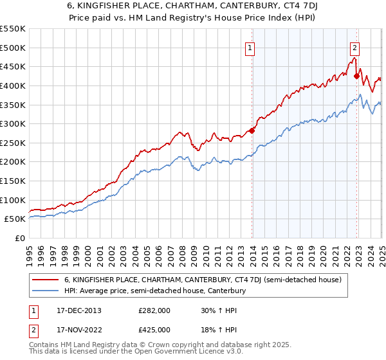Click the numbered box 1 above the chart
click(x=249, y=47)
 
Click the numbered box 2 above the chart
click(x=354, y=47)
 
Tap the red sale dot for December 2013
click(x=252, y=130)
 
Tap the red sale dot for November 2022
click(x=356, y=76)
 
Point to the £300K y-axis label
click(x=13, y=123)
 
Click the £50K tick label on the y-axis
click(x=15, y=219)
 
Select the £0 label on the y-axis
click(x=21, y=238)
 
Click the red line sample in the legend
click(x=46, y=280)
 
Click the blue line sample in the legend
click(x=46, y=291)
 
